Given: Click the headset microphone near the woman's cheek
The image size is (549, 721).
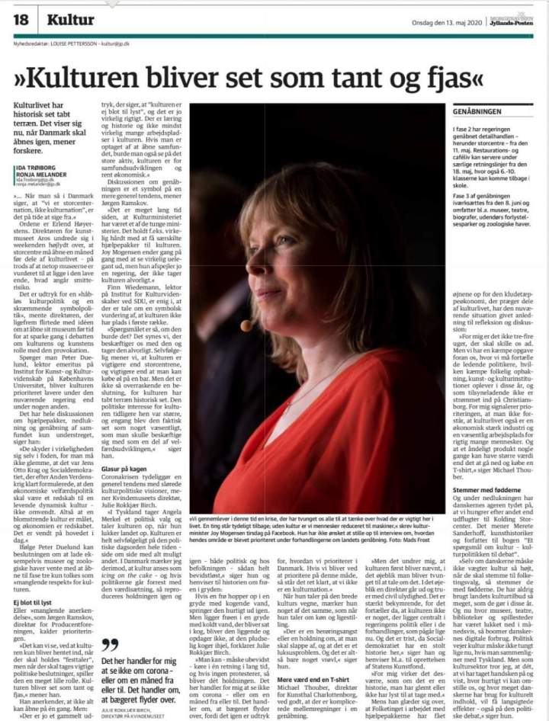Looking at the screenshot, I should (x=247, y=325).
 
